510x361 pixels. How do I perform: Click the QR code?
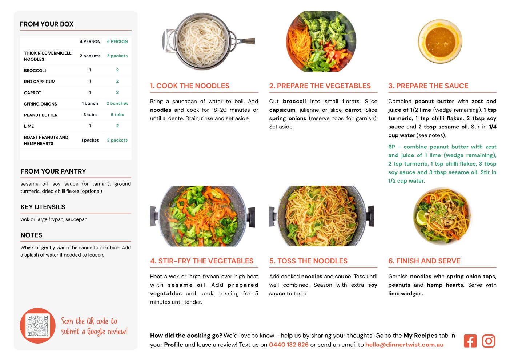click(x=37, y=326)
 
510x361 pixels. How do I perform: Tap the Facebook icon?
click(x=470, y=341)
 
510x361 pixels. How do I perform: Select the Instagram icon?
click(x=489, y=341)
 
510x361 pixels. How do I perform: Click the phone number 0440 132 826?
click(x=289, y=345)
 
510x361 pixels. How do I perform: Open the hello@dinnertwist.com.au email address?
click(x=404, y=345)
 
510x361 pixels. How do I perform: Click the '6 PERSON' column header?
click(x=117, y=41)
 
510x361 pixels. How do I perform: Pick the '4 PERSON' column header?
click(x=90, y=41)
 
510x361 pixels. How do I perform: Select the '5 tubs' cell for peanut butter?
click(x=117, y=115)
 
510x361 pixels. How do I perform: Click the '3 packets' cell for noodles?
click(x=117, y=56)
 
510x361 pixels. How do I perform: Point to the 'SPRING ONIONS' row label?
click(x=40, y=104)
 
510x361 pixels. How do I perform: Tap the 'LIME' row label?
click(x=29, y=126)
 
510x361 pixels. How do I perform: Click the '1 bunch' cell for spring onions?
click(x=90, y=103)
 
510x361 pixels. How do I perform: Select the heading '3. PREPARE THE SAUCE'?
click(x=428, y=86)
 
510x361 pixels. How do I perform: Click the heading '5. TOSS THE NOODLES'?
click(x=308, y=261)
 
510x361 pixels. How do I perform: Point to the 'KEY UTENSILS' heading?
click(x=43, y=207)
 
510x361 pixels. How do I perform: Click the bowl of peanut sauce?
click(x=440, y=41)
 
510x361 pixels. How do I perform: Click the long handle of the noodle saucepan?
click(x=246, y=41)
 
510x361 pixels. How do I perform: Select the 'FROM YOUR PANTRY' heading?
click(x=53, y=171)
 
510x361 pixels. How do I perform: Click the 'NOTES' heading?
click(x=31, y=235)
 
